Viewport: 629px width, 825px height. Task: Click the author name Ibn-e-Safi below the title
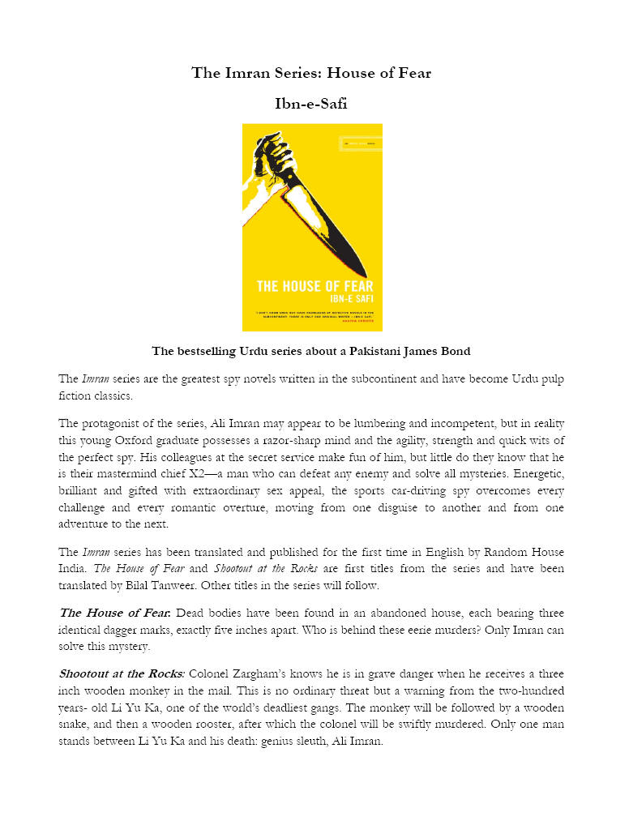(311, 103)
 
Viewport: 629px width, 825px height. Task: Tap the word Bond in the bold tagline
(455, 352)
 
